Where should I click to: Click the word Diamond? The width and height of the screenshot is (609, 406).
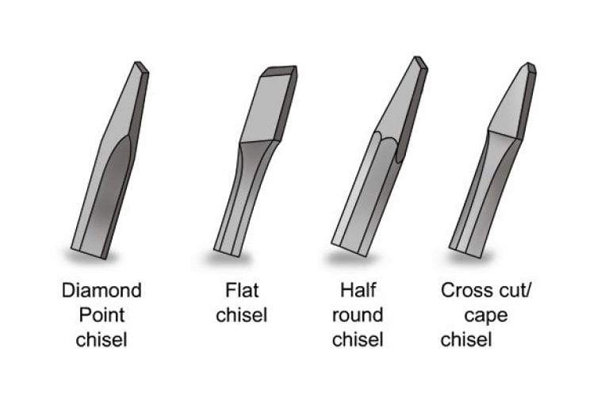click(x=101, y=290)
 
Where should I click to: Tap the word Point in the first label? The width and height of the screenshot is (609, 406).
click(x=101, y=315)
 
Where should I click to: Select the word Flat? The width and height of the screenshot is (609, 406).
click(x=242, y=290)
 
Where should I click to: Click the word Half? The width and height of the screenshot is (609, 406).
click(x=358, y=290)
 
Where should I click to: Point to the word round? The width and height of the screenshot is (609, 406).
click(x=358, y=315)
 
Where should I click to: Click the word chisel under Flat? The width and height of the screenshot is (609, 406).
click(x=242, y=315)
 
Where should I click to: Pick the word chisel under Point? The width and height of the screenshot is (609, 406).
click(x=101, y=339)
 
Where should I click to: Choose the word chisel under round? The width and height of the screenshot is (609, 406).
click(x=358, y=339)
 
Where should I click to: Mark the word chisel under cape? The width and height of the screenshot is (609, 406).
click(x=466, y=339)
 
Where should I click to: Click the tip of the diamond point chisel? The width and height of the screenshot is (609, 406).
click(x=141, y=66)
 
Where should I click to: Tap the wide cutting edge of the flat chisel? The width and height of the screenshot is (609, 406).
click(x=279, y=71)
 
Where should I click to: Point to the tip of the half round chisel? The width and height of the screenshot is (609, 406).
click(x=421, y=63)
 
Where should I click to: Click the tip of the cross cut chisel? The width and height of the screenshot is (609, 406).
click(x=531, y=67)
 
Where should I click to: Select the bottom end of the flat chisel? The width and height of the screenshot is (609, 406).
click(x=228, y=251)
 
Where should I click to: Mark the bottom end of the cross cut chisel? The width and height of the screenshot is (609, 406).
click(x=466, y=251)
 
